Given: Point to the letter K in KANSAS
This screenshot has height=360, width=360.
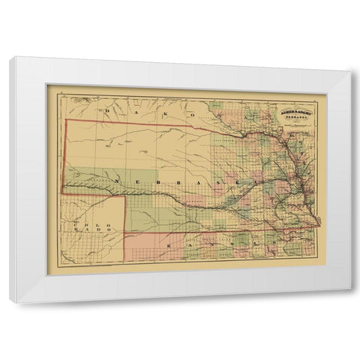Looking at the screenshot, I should coord(169,245).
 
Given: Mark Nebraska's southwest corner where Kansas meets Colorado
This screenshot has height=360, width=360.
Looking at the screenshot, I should coord(124,233).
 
